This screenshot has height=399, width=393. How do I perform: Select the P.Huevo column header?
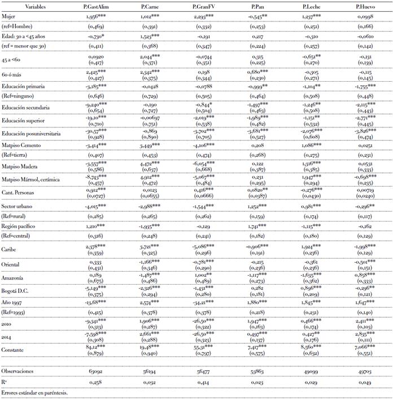click(366, 6)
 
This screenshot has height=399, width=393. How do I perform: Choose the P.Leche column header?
click(311, 6)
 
